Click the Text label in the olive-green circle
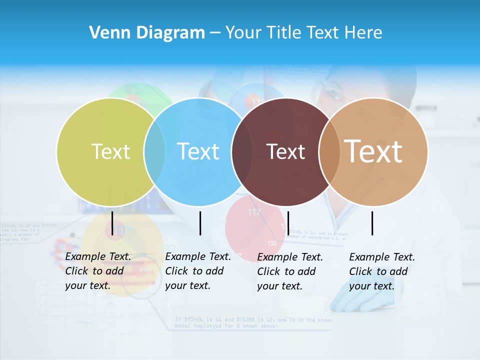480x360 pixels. pyautogui.click(x=110, y=151)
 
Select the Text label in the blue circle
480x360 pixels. pyautogui.click(x=198, y=151)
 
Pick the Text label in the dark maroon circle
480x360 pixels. pyautogui.click(x=285, y=151)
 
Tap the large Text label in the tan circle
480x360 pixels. pyautogui.click(x=373, y=151)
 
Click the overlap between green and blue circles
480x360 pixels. pyautogui.click(x=154, y=151)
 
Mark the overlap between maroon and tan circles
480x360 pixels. pyautogui.click(x=329, y=151)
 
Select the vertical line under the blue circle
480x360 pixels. pyautogui.click(x=200, y=223)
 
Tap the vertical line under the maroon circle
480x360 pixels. pyautogui.click(x=288, y=223)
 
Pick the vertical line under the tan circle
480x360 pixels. pyautogui.click(x=372, y=223)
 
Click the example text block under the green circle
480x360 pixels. pyautogui.click(x=98, y=271)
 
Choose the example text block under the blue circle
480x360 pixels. pyautogui.click(x=198, y=271)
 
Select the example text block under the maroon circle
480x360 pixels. pyautogui.click(x=290, y=271)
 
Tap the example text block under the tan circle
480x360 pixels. pyautogui.click(x=382, y=271)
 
